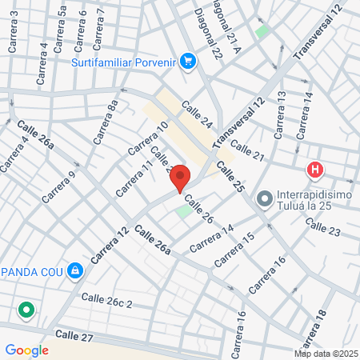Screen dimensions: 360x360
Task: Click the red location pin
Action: click(180, 178)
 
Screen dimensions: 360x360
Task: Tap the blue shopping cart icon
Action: click(188, 61)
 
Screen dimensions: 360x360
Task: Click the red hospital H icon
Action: click(315, 170)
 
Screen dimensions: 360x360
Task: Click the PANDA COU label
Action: click(32, 270)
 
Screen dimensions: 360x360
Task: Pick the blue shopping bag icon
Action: click(74, 270)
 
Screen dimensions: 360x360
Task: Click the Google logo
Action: click(26, 350)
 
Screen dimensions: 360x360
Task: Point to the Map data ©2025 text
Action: click(326, 354)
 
